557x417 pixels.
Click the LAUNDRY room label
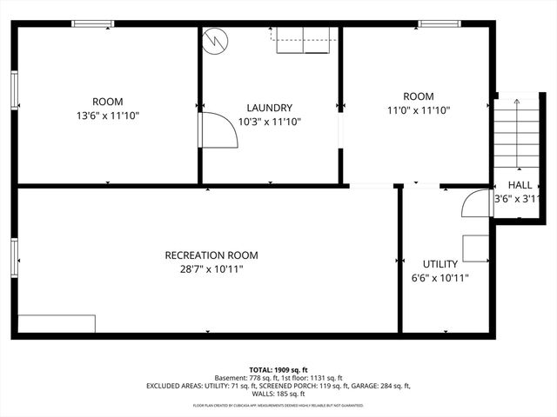tap(270, 108)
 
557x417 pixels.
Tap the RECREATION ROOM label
tap(211, 255)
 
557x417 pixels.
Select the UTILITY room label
tap(440, 263)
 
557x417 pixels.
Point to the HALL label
tap(520, 185)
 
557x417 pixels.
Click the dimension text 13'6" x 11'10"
tap(108, 115)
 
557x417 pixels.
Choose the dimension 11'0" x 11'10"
tap(418, 110)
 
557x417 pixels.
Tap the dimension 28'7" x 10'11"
tap(211, 269)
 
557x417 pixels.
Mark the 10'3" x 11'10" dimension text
tap(270, 122)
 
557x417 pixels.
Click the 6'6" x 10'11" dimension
tap(440, 278)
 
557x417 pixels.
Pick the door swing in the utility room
tap(475, 202)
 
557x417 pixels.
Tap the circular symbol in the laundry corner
tap(214, 41)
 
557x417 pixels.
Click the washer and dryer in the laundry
tap(305, 40)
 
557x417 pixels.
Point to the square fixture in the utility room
tap(475, 248)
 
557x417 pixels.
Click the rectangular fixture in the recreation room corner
tap(57, 323)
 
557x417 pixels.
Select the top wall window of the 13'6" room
tap(93, 23)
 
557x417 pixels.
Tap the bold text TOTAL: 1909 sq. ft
tap(278, 370)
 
